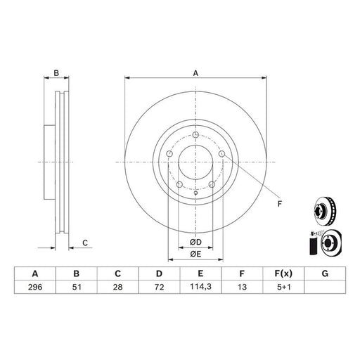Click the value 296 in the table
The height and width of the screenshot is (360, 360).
tap(35, 287)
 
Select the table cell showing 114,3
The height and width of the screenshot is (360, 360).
tap(200, 287)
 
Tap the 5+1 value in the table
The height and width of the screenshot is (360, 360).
tap(283, 287)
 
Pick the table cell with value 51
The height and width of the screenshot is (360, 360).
tap(77, 287)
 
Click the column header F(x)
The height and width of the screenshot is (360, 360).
tap(283, 274)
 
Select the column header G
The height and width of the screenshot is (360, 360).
tap(325, 274)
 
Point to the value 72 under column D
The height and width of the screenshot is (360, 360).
tap(160, 287)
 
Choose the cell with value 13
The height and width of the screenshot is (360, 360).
tap(242, 287)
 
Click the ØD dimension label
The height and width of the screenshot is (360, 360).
tap(195, 242)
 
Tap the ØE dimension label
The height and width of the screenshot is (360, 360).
tap(195, 254)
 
